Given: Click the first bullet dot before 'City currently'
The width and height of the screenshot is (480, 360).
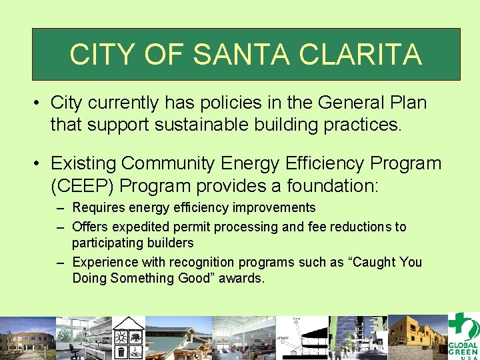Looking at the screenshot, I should [x=39, y=103].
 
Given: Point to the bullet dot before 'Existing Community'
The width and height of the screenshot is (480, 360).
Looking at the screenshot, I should [x=39, y=163].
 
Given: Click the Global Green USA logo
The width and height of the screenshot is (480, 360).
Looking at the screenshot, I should [x=463, y=337].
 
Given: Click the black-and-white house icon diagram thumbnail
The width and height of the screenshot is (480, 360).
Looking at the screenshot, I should [x=129, y=337].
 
